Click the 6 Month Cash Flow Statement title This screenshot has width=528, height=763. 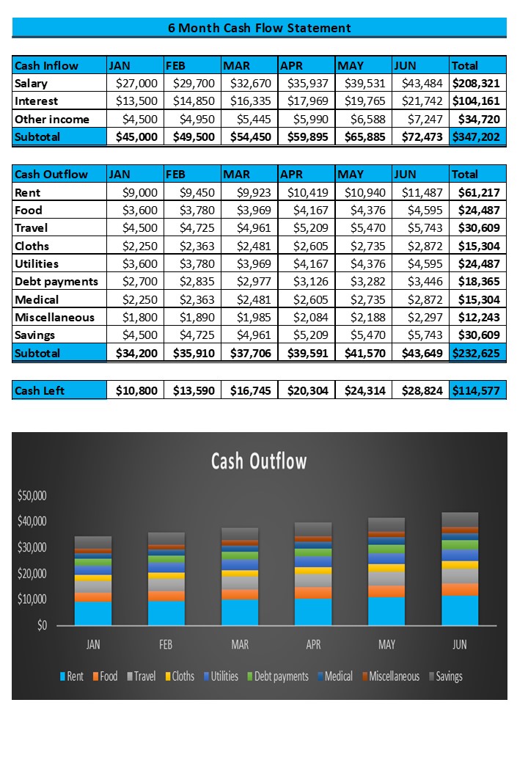coord(259,28)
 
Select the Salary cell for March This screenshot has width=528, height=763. coord(250,83)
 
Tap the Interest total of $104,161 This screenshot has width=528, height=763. coord(476,101)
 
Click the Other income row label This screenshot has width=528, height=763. coord(52,119)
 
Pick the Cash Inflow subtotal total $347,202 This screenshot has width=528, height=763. coord(476,136)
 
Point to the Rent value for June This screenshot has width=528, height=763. coord(422,193)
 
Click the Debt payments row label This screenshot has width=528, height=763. coord(56,282)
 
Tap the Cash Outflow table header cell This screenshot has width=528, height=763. coord(59,174)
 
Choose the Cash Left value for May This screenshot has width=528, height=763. coord(364,391)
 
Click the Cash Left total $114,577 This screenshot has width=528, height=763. coord(476,391)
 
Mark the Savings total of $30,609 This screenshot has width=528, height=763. coord(479,335)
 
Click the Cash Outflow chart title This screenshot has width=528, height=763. coord(259,461)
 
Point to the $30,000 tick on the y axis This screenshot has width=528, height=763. coord(32,547)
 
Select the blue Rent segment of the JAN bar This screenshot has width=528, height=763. coord(93,613)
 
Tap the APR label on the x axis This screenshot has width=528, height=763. coord(313,645)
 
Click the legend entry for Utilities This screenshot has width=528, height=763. coord(221,676)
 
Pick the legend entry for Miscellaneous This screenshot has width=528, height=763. coord(391,676)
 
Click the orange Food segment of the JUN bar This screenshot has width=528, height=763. coord(460,589)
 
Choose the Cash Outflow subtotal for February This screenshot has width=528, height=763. coord(194,354)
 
